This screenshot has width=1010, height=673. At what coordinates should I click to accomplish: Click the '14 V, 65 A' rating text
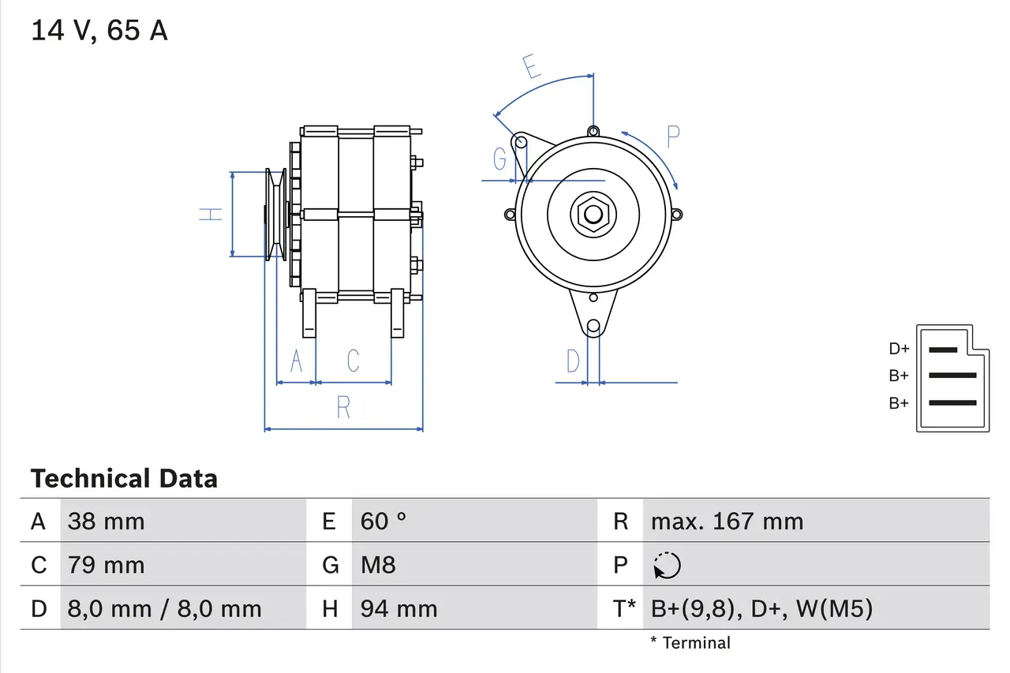pyautogui.click(x=99, y=31)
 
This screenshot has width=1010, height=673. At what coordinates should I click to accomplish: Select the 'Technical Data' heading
pyautogui.click(x=124, y=478)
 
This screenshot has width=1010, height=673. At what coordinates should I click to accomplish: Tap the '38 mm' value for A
pyautogui.click(x=106, y=521)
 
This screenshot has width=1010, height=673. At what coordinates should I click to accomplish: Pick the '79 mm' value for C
pyautogui.click(x=106, y=565)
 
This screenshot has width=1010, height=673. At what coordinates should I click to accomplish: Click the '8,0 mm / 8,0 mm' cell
pyautogui.click(x=164, y=609)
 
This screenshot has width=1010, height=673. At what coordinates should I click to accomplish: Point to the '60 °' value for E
pyautogui.click(x=383, y=521)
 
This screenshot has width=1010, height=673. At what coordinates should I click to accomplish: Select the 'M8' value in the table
pyautogui.click(x=378, y=565)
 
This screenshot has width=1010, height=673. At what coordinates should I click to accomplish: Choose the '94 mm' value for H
pyautogui.click(x=398, y=609)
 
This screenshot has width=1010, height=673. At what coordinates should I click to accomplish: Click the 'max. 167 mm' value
pyautogui.click(x=727, y=521)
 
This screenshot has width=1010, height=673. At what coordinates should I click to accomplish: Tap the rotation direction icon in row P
pyautogui.click(x=667, y=565)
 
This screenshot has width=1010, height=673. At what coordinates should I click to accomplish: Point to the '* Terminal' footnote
pyautogui.click(x=690, y=642)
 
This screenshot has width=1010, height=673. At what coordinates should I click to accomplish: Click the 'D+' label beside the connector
pyautogui.click(x=899, y=349)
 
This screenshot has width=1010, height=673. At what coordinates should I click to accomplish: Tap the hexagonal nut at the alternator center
pyautogui.click(x=592, y=214)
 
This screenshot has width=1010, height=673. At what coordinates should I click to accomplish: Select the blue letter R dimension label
pyautogui.click(x=343, y=408)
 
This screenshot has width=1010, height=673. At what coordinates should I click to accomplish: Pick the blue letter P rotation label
pyautogui.click(x=672, y=136)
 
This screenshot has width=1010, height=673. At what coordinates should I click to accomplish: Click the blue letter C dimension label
pyautogui.click(x=353, y=361)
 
